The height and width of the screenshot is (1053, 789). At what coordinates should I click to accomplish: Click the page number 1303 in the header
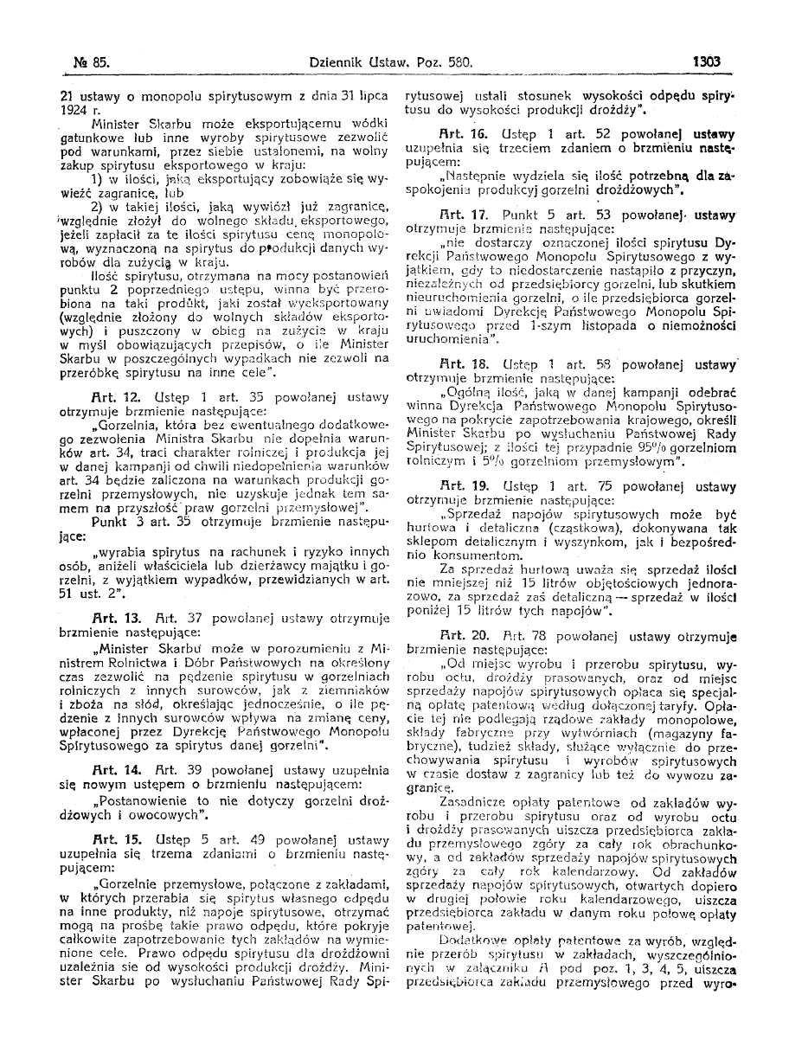pyautogui.click(x=707, y=61)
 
